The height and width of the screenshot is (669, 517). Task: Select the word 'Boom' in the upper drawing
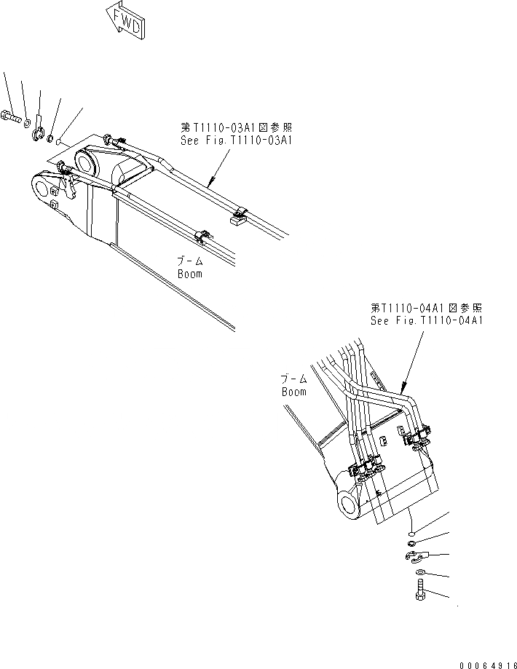click(x=189, y=274)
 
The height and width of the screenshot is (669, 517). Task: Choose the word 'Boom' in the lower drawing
click(x=294, y=392)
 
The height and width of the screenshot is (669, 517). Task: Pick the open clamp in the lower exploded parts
click(x=413, y=557)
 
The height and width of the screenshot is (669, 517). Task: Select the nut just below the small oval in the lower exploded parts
click(x=412, y=541)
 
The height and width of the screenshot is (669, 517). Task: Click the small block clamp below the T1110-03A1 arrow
click(x=238, y=215)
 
